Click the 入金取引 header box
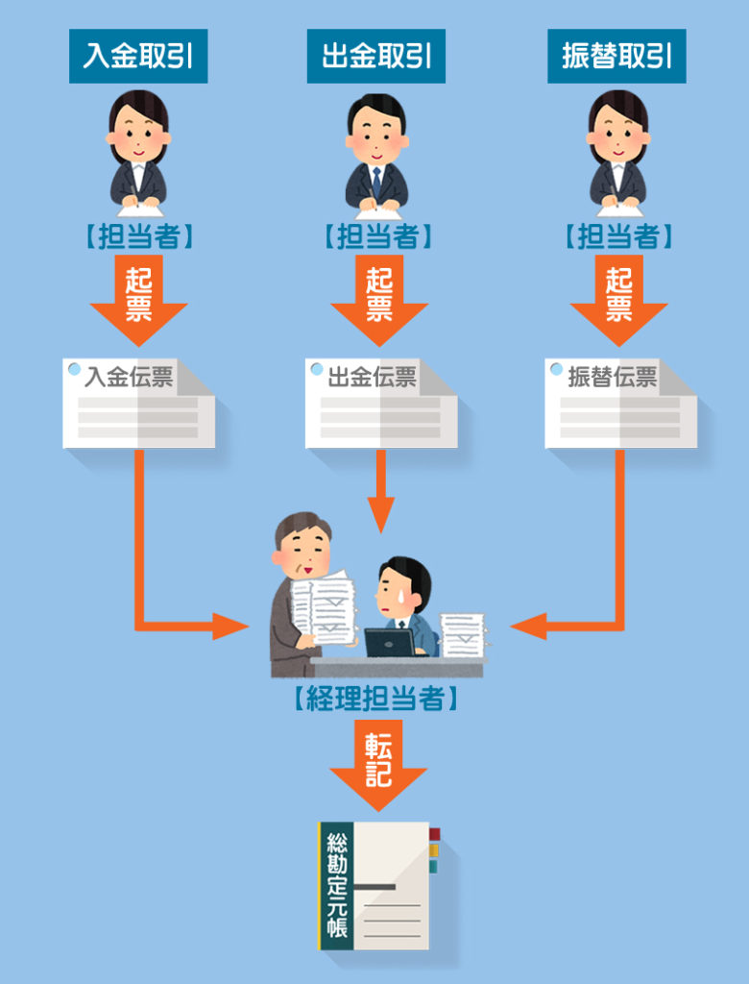pos(138,56)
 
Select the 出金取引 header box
pos(376,56)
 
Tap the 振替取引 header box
pos(616,56)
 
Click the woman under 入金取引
pos(138,154)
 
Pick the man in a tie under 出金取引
pos(376,154)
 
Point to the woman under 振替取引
pos(616,154)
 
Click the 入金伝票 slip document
pos(138,404)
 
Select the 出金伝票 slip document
pos(380,404)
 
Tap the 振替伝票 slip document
pos(620,404)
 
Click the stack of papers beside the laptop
pos(463,634)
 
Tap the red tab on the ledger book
pos(434,834)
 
